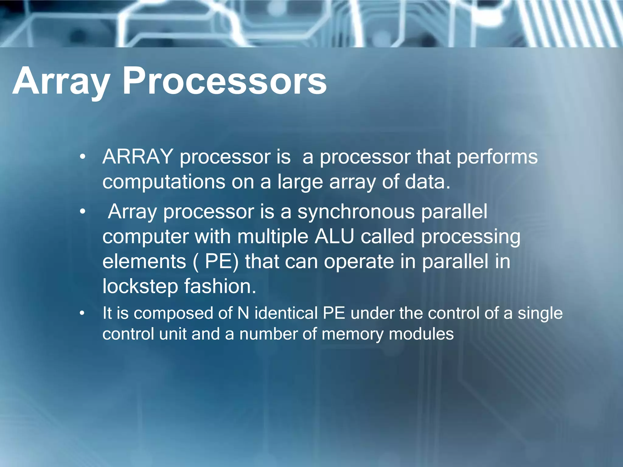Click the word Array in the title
[x=61, y=81]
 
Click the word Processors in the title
[x=224, y=81]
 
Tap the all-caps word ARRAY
[x=138, y=157]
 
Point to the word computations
[x=164, y=182]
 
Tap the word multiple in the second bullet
[x=273, y=237]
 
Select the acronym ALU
[x=334, y=237]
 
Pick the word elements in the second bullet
[x=144, y=261]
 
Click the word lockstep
[x=140, y=287]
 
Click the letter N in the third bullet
[x=243, y=313]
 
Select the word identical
[x=286, y=313]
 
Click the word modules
[x=421, y=334]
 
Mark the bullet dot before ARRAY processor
[x=82, y=157]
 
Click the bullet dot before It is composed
[x=82, y=313]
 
